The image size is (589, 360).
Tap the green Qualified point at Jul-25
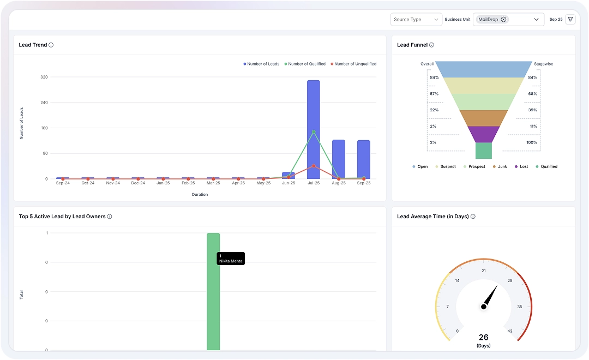[314, 131]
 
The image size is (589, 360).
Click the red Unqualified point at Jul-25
[314, 166]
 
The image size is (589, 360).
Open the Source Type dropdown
[416, 20]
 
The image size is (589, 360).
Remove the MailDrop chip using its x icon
[503, 20]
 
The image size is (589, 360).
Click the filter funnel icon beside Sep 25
[570, 20]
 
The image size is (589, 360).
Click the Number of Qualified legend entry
[305, 64]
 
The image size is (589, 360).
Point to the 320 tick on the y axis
[44, 77]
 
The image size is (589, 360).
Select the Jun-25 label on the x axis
[289, 183]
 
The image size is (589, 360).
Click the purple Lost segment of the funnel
[484, 134]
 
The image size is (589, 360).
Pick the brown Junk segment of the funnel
[484, 118]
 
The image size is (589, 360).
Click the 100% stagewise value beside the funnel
[531, 142]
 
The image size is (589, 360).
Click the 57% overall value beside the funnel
[434, 94]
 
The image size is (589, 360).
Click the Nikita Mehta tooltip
[230, 259]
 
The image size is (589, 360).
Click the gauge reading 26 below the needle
[483, 337]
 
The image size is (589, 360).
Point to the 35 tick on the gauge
[520, 307]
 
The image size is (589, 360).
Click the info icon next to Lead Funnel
[431, 45]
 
